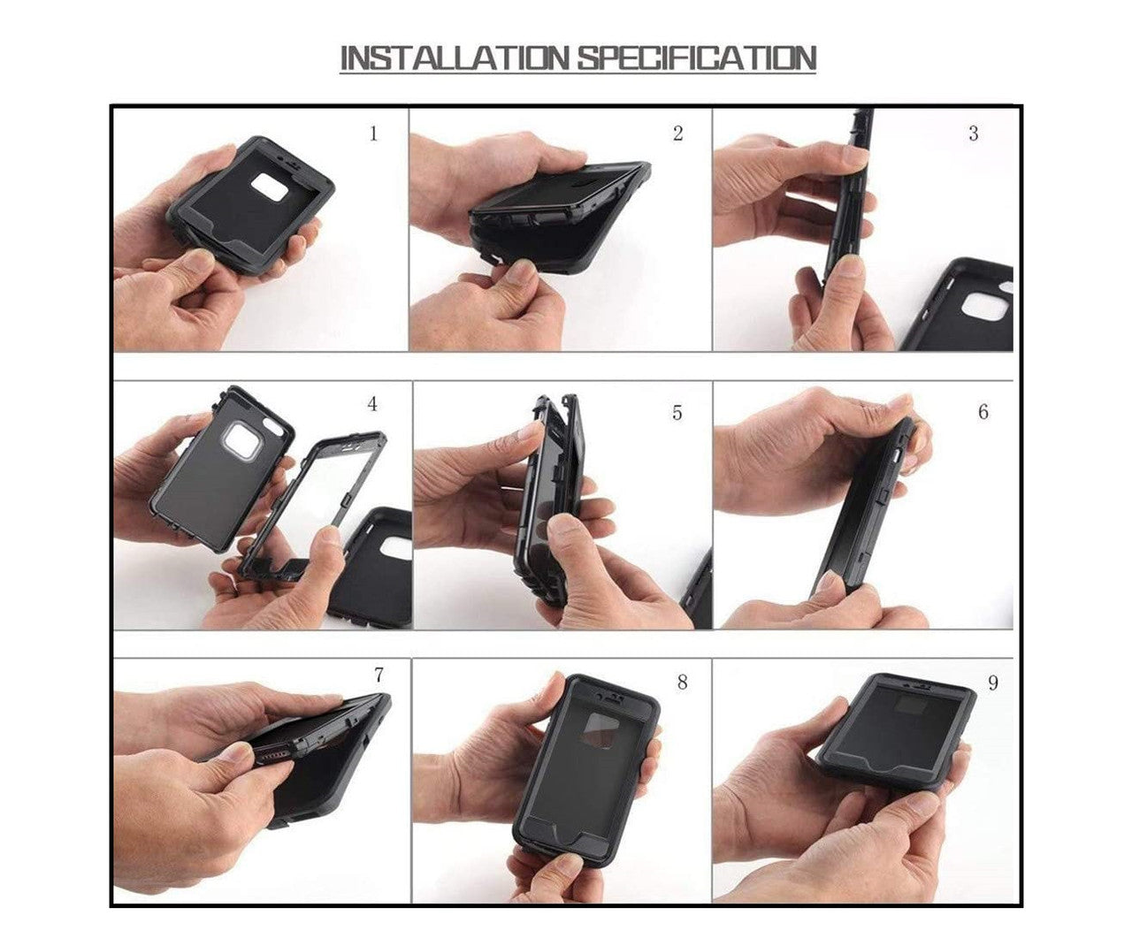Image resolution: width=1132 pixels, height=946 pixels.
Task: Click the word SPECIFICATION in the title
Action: (x=697, y=58)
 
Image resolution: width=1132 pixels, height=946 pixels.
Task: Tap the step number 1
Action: (x=373, y=134)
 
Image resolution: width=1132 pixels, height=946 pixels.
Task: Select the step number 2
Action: (x=677, y=134)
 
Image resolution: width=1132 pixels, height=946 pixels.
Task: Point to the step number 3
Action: (x=973, y=134)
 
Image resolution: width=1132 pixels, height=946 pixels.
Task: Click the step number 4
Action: (x=372, y=404)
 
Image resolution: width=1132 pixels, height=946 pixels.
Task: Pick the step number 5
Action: (x=677, y=413)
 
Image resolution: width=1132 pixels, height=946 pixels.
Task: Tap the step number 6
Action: (x=983, y=412)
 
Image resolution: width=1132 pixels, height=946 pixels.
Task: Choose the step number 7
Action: (x=379, y=675)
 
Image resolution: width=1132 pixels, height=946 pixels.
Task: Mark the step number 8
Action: (x=682, y=682)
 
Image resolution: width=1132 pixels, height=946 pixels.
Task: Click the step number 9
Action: (x=992, y=683)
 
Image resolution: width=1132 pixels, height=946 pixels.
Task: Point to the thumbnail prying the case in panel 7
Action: (x=234, y=752)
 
